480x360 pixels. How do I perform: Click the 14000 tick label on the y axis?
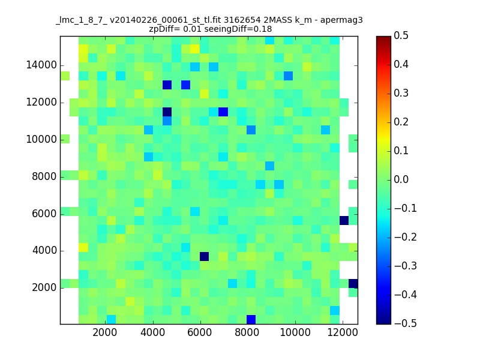point(41,65)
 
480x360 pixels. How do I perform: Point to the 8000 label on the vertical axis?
point(44,176)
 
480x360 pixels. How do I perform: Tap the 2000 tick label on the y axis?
point(44,288)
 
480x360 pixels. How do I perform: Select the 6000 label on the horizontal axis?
point(200,332)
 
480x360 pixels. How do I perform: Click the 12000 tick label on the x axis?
point(343,332)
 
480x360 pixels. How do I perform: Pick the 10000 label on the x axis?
point(295,332)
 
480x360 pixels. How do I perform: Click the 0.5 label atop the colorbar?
point(401,35)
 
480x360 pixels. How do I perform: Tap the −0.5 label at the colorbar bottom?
point(406,323)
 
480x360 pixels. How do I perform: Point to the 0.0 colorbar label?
point(401,179)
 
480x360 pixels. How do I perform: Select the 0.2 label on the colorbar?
point(401,122)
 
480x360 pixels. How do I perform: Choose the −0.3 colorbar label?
point(406,266)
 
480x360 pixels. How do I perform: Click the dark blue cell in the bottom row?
point(251,319)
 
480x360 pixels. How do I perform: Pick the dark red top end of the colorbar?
point(383,38)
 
